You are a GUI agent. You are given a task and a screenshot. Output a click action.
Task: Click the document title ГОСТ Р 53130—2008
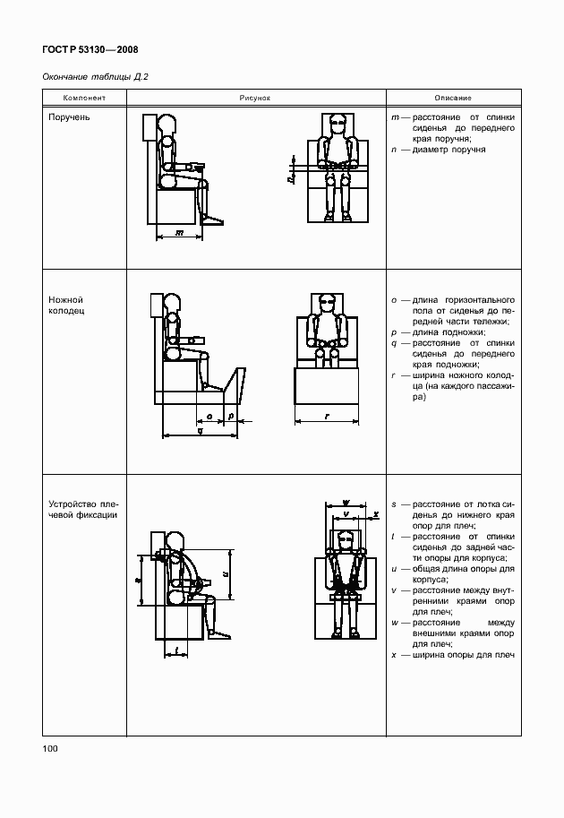pyautogui.click(x=90, y=50)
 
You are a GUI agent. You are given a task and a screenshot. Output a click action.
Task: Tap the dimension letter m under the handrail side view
pyautogui.click(x=179, y=233)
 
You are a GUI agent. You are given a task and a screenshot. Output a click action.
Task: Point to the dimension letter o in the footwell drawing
pyautogui.click(x=208, y=417)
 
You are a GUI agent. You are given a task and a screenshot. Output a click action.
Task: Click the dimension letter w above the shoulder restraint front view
pyautogui.click(x=345, y=504)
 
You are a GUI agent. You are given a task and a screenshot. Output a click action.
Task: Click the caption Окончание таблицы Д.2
pyautogui.click(x=95, y=76)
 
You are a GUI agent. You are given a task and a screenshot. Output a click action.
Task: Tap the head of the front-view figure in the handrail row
pyautogui.click(x=337, y=124)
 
